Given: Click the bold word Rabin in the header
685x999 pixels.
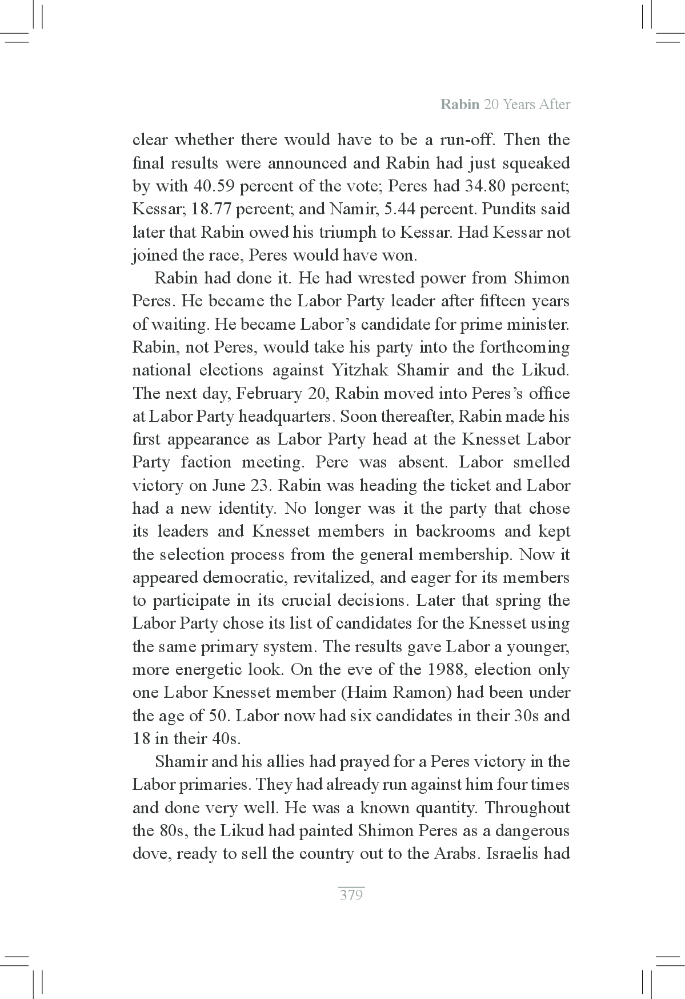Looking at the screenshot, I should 460,105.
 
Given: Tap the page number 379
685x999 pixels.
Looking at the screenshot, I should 351,895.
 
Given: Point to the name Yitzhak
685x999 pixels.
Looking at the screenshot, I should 359,370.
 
